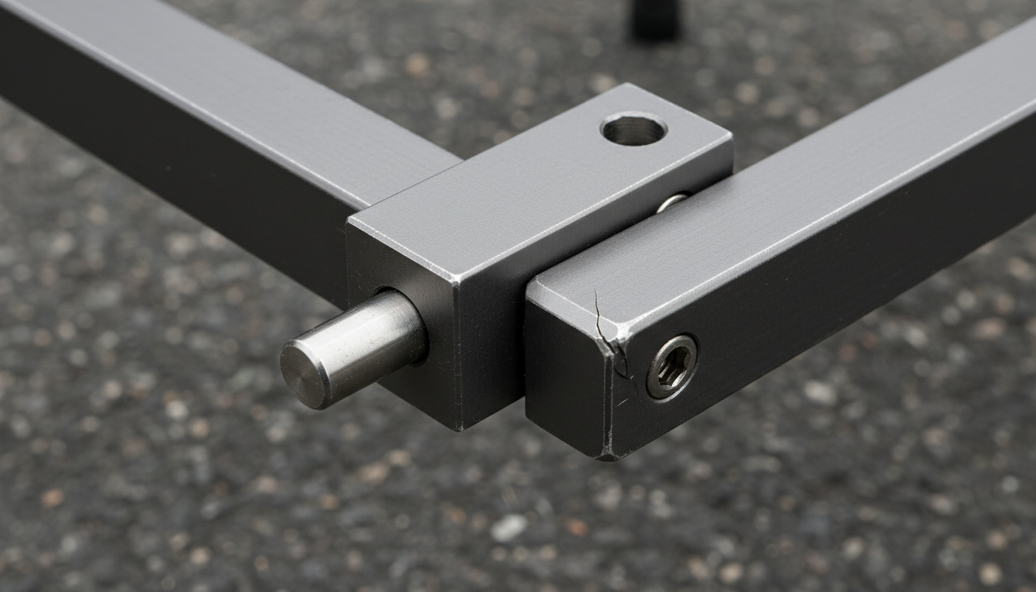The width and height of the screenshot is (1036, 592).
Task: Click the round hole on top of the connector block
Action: [x=633, y=129]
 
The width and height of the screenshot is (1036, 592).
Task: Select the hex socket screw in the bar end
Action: [x=672, y=366]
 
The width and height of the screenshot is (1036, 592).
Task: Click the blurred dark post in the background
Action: [x=656, y=19]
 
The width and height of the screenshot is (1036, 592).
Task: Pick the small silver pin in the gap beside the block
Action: [x=671, y=202]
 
